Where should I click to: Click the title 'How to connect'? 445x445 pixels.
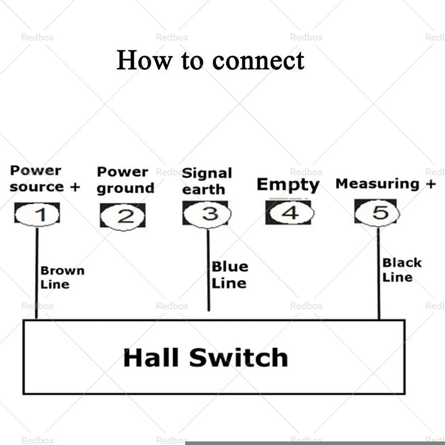point(210,60)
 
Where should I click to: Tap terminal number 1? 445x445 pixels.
point(37,214)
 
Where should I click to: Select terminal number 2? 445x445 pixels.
point(123,216)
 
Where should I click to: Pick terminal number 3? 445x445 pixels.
point(206,214)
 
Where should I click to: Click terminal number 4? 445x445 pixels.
point(290,213)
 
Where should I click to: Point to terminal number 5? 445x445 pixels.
point(377,212)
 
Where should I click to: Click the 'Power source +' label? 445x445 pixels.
point(45,178)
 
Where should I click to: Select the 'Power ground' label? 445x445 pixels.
point(125,180)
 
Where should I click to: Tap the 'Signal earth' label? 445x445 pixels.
point(207,182)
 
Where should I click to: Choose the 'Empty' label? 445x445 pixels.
point(288,185)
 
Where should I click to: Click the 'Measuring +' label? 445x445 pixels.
point(385,184)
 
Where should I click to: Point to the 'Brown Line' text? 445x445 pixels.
point(62,278)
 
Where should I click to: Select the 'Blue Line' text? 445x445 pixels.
point(230,275)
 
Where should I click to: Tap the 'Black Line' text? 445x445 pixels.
point(402,270)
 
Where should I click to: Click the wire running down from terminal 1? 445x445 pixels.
point(36,273)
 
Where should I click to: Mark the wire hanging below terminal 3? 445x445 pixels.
point(208,270)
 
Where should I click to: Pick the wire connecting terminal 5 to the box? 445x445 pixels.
point(378,273)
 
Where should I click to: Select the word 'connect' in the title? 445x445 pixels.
point(258,61)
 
